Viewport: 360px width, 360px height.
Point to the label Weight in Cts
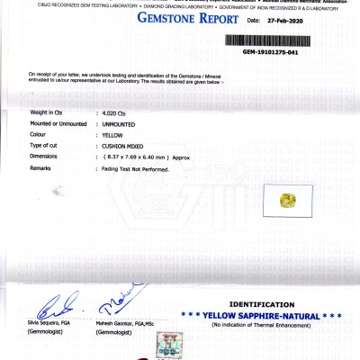(50, 112)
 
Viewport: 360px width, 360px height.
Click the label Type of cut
(46, 145)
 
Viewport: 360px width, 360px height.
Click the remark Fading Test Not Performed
(136, 167)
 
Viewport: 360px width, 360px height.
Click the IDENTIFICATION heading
(261, 305)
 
